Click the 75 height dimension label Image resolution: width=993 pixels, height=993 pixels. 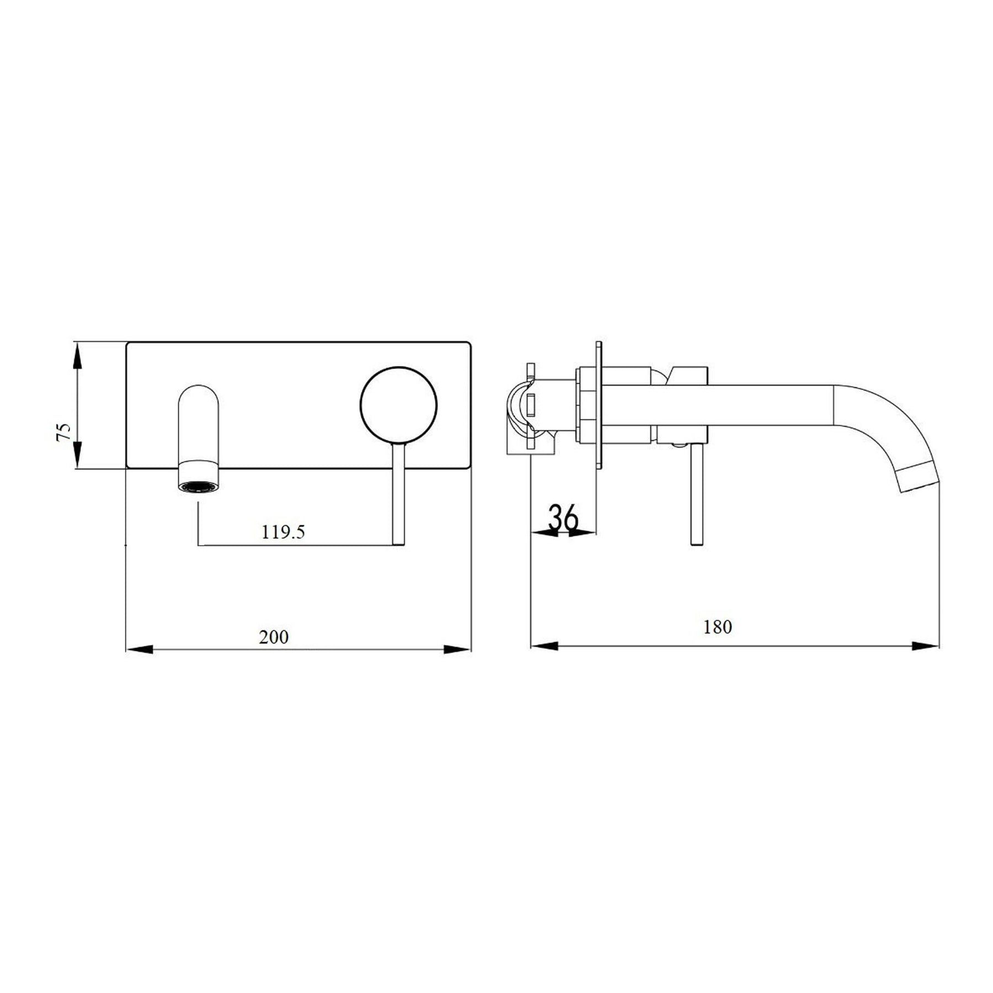click(x=64, y=431)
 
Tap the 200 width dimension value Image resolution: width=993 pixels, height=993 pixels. click(x=274, y=637)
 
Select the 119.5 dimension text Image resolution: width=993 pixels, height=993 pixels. click(x=283, y=532)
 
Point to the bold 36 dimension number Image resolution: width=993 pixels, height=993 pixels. click(x=563, y=517)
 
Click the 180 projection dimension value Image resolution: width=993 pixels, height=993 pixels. click(x=717, y=627)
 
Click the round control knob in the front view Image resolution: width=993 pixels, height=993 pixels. click(x=398, y=405)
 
